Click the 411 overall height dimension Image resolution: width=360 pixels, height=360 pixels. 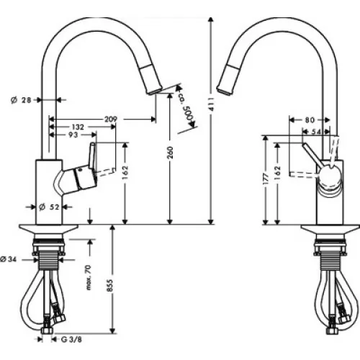click(211, 105)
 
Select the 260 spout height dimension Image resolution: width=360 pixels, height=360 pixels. click(170, 152)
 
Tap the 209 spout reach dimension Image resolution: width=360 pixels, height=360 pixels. click(111, 119)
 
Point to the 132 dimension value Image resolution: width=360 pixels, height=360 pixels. click(78, 127)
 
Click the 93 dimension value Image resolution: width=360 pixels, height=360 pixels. click(73, 135)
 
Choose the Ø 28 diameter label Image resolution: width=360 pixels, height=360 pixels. click(21, 100)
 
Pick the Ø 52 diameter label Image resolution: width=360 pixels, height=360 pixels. click(48, 207)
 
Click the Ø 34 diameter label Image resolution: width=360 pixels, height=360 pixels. click(9, 259)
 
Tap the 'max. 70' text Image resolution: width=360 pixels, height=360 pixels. click(89, 277)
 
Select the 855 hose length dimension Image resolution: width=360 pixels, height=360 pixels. click(109, 285)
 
